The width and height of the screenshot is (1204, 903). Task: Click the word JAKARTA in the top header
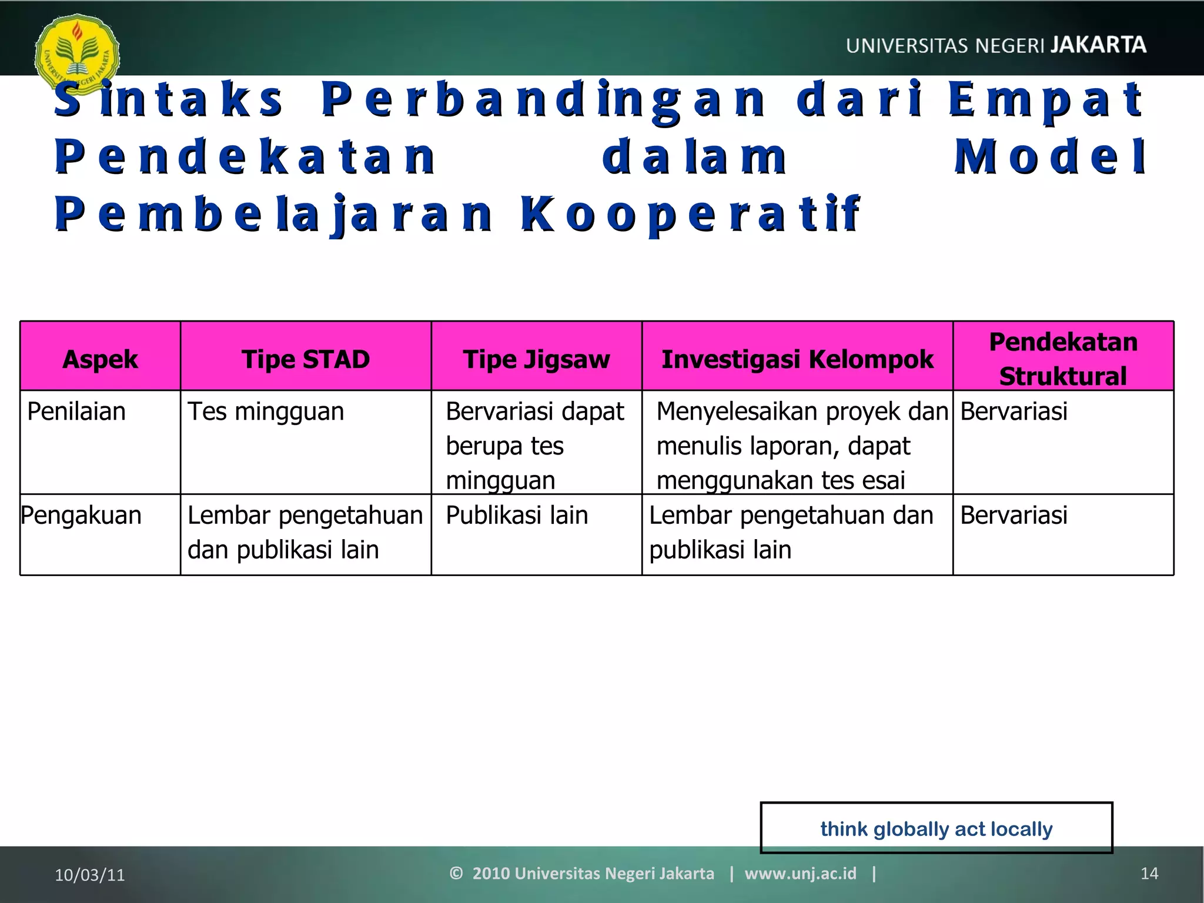click(1098, 45)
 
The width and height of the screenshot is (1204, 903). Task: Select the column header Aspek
click(100, 359)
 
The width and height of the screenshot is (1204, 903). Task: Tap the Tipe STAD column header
click(306, 359)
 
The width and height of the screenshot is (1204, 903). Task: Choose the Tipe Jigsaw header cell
click(536, 359)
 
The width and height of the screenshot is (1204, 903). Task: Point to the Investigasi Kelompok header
click(797, 359)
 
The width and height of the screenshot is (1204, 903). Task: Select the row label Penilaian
click(76, 412)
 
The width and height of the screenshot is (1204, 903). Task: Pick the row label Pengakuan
click(81, 516)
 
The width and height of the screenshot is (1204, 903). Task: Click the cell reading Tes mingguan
click(266, 412)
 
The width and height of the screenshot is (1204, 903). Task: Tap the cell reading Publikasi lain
click(517, 516)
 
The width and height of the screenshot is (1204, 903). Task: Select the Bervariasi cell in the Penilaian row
click(1014, 412)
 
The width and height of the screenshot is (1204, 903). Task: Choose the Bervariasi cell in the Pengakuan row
click(1014, 516)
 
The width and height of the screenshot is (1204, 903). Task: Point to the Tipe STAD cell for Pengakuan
click(305, 533)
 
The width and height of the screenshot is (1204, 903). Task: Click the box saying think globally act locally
click(936, 828)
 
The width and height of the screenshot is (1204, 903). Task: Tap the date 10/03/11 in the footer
click(90, 875)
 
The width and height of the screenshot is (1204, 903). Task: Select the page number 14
click(1149, 874)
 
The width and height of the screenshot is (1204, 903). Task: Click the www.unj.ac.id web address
click(800, 874)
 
